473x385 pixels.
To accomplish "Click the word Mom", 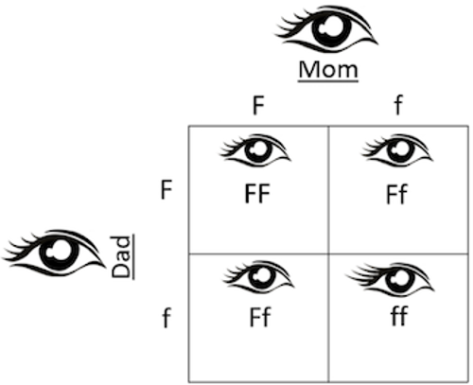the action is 328,69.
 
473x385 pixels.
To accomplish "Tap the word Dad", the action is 121,257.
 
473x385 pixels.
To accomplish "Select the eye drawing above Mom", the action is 326,29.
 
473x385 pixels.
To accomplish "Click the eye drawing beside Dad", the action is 54,254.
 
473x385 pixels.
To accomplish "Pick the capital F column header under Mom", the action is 258,106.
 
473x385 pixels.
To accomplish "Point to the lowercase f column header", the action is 398,105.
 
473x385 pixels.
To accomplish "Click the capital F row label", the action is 166,190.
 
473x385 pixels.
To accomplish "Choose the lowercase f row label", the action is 166,318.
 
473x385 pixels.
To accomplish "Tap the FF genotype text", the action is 257,194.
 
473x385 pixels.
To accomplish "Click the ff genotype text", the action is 399,315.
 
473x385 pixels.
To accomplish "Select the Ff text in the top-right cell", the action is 397,194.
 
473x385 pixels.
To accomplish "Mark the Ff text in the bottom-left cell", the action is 260,317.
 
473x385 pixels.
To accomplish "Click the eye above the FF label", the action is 255,150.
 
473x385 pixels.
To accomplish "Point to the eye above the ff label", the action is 391,279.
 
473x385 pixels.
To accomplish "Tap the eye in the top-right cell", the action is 397,150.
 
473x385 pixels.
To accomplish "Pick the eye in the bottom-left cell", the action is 258,277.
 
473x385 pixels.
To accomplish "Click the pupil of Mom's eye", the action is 331,27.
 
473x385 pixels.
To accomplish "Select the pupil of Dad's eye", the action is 60,253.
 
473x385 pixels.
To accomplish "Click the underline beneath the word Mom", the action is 328,81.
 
